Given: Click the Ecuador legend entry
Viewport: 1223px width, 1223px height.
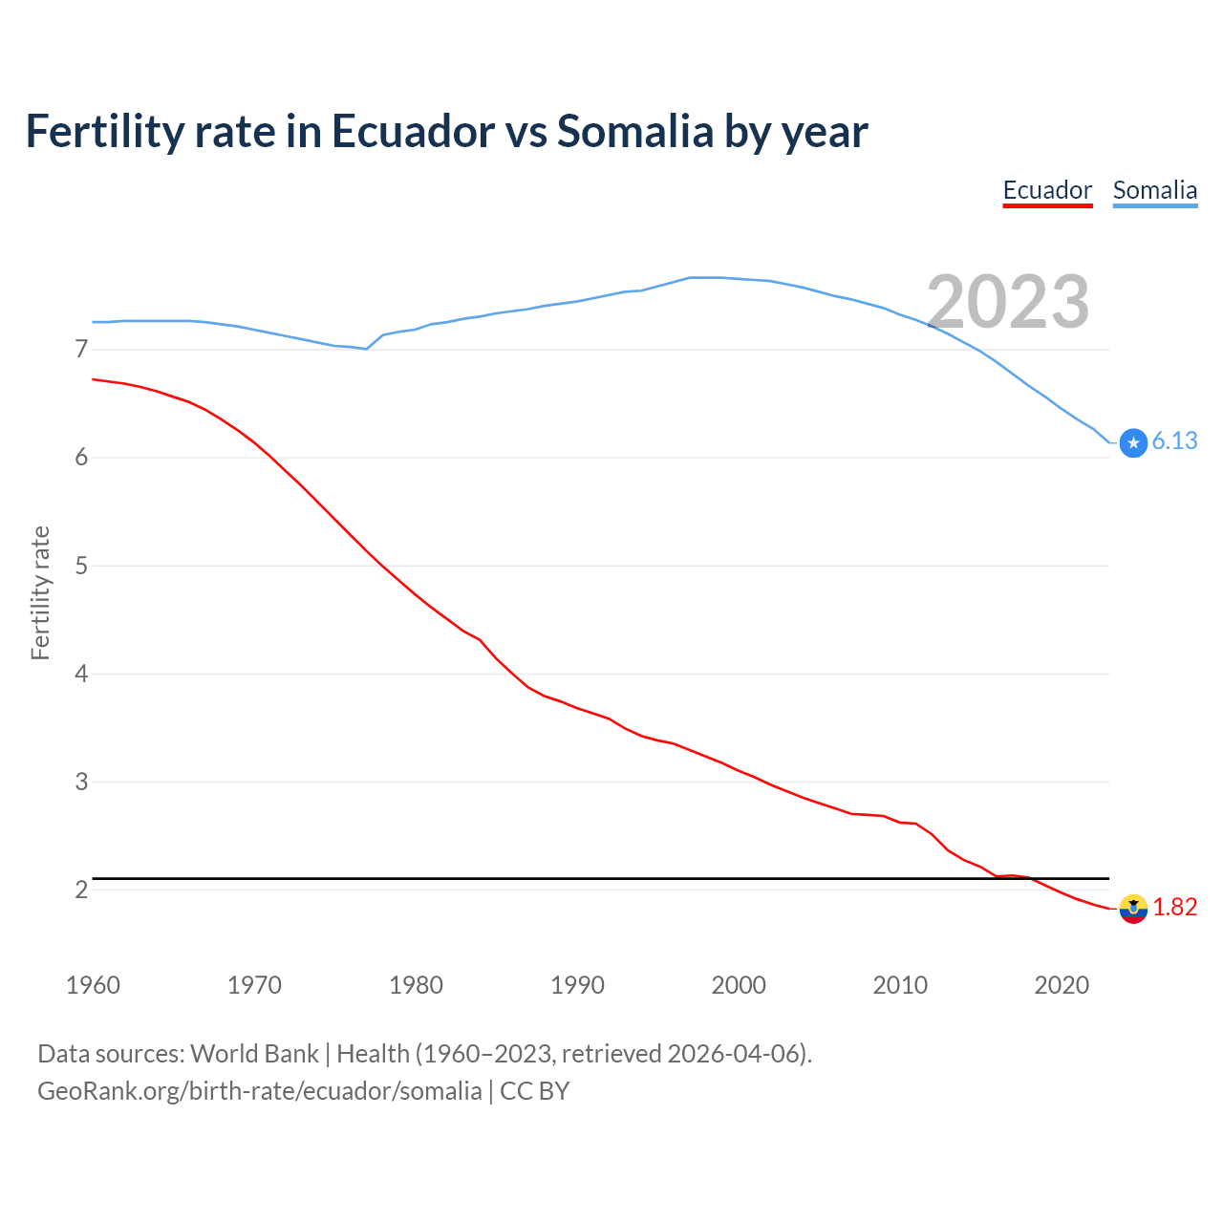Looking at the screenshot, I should (x=1047, y=190).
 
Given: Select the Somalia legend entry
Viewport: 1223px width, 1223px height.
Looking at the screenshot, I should (x=1154, y=190).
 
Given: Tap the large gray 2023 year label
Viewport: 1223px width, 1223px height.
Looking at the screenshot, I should (x=1008, y=302).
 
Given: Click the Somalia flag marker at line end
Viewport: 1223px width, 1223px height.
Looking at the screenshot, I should (x=1133, y=443).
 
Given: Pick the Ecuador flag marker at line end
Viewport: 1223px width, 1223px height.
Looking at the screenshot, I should (x=1133, y=909).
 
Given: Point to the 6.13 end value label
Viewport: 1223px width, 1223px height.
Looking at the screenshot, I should (x=1174, y=440).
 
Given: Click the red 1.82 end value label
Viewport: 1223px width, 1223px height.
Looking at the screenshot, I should (x=1174, y=907).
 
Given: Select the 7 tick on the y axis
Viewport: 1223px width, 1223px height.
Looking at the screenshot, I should (x=81, y=350).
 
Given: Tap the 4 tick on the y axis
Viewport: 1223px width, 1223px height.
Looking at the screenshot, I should (x=81, y=674).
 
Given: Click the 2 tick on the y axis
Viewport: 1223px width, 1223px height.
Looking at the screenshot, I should (x=81, y=890).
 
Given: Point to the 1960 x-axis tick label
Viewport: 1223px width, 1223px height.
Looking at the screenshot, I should (x=93, y=985).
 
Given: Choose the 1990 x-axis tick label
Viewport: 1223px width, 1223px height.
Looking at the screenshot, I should (x=577, y=985).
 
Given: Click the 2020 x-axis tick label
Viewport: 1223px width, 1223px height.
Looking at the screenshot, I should (x=1062, y=985).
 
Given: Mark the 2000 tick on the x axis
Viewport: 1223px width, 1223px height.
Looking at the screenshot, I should (x=739, y=985).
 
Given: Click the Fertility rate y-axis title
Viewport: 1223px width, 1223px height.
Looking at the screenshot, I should (x=40, y=592).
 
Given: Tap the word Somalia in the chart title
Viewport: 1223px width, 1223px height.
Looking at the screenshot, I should (x=634, y=131).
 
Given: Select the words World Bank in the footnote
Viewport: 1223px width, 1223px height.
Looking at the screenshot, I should (x=254, y=1054).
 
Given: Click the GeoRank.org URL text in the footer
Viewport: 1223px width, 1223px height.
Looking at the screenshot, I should (x=259, y=1091).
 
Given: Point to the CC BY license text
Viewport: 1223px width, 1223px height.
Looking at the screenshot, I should (x=535, y=1091).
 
